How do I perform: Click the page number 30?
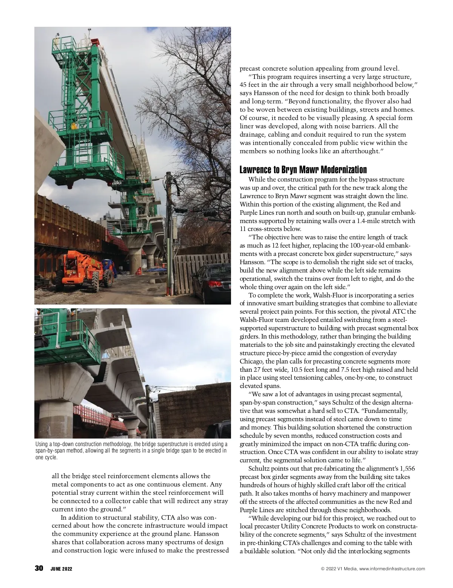39,568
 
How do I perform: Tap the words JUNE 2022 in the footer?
62,569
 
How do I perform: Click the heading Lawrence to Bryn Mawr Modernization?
303,169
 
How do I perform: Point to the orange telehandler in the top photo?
86,270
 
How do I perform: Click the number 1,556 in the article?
407,468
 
